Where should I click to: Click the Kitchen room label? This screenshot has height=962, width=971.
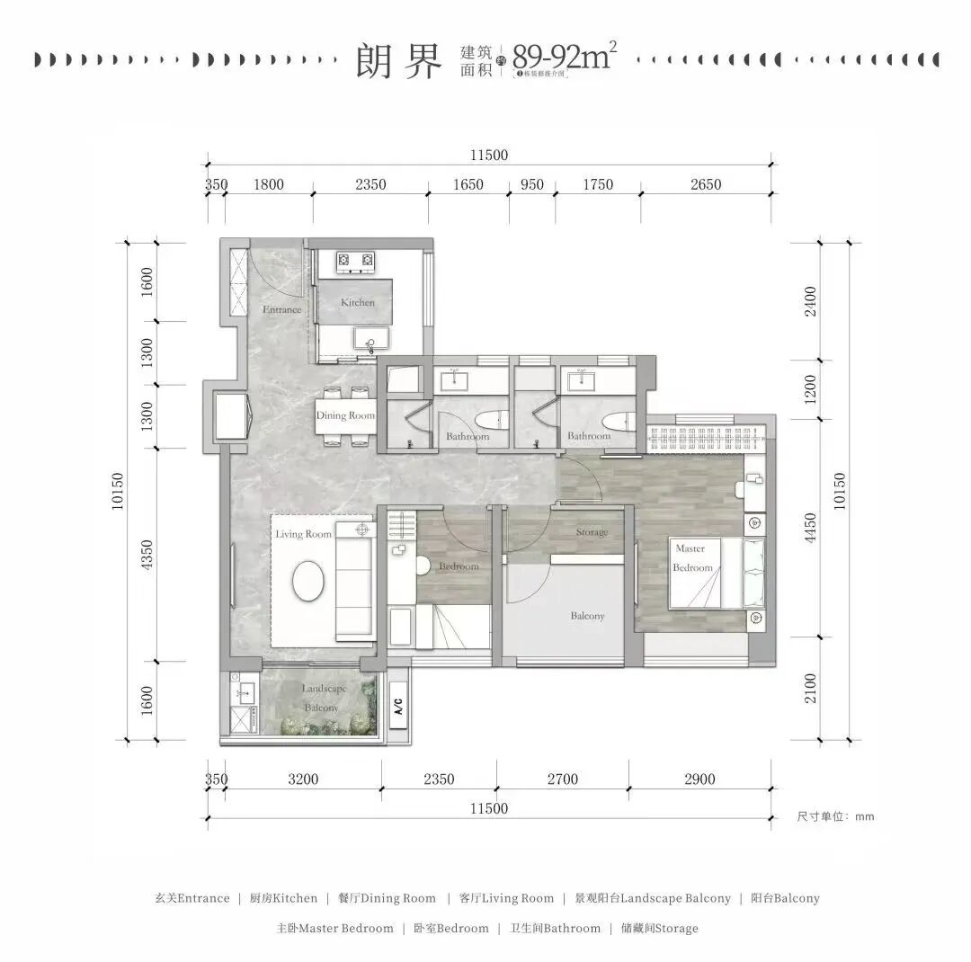357,303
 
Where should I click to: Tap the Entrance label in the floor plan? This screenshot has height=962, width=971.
281,310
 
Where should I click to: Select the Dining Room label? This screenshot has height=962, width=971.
344,416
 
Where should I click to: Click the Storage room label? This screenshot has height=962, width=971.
592,532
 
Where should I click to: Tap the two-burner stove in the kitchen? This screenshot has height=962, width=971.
355,262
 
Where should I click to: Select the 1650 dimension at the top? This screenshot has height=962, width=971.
468,185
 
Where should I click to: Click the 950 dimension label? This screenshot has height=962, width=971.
532,185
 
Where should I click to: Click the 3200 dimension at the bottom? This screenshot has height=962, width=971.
303,779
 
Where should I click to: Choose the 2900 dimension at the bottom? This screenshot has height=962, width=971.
699,779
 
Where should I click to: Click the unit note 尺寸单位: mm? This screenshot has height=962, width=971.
835,817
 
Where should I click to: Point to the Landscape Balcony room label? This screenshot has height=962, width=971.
324,699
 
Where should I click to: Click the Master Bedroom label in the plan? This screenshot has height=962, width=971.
692,557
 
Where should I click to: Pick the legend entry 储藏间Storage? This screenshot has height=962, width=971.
659,928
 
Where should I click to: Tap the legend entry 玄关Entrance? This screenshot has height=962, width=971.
192,898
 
